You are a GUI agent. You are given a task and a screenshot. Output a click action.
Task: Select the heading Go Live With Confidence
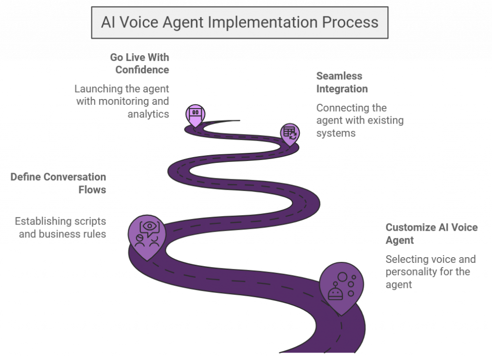click(x=139, y=63)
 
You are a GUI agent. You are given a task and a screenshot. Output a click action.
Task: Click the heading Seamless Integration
click(x=342, y=82)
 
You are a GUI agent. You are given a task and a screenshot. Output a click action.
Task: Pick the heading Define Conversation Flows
click(x=58, y=183)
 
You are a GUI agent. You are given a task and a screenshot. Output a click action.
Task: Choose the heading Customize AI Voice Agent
click(x=431, y=234)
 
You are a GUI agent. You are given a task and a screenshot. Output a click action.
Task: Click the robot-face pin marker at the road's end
click(x=195, y=115)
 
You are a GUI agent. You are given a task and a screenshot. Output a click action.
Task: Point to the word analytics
click(x=148, y=114)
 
